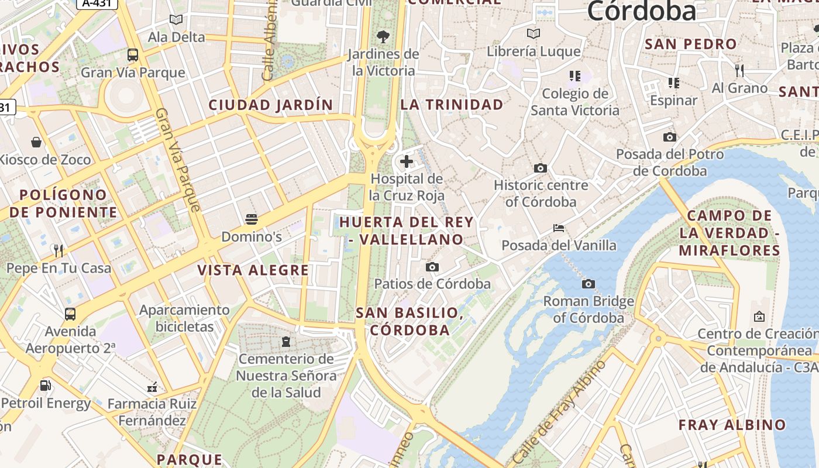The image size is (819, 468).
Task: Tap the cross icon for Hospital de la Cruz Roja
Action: click(x=407, y=161)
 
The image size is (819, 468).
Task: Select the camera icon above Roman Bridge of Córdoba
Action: click(x=589, y=284)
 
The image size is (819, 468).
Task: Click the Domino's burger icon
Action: click(x=252, y=219)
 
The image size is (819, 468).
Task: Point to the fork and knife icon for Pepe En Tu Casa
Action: click(x=58, y=251)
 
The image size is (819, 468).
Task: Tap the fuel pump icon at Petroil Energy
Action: click(x=45, y=386)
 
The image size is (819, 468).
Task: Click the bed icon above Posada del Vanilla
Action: click(x=559, y=228)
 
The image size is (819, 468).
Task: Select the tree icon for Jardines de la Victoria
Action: click(x=383, y=37)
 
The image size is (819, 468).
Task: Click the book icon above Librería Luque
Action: click(x=533, y=33)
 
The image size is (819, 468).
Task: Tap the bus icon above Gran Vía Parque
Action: click(x=133, y=55)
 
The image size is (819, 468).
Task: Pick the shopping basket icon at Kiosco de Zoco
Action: click(x=36, y=142)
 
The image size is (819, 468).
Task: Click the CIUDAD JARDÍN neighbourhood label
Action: click(x=271, y=105)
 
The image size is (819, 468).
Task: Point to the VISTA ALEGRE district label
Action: click(x=253, y=270)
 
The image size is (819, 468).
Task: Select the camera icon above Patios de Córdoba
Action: click(x=432, y=267)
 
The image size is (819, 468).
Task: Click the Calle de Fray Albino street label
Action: click(x=558, y=413)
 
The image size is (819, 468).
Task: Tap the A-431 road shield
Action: click(x=97, y=4)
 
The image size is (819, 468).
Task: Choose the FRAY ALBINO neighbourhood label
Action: click(x=732, y=425)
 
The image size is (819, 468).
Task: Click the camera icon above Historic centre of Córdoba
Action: click(x=541, y=168)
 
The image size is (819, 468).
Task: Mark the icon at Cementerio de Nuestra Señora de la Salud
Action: click(x=286, y=341)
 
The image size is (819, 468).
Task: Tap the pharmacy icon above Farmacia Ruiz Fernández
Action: click(x=152, y=387)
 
